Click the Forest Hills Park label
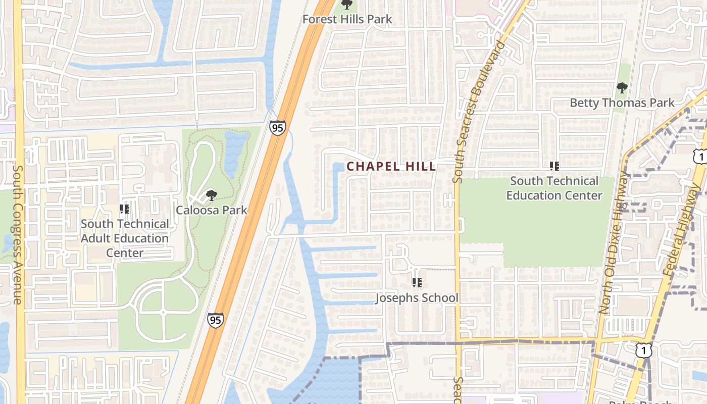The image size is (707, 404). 347,20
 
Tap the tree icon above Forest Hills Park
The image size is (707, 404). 346,5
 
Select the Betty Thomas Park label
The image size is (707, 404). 622,103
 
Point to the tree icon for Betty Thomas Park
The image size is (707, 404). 622,88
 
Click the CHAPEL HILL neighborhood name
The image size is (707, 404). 391,166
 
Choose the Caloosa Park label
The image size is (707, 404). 212,210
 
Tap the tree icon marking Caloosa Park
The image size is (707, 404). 212,195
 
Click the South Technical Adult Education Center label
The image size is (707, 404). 125,238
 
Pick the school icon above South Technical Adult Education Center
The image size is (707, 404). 125,209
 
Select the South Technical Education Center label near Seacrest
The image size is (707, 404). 554,188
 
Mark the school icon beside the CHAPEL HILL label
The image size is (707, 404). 554,166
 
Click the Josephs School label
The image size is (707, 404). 417,298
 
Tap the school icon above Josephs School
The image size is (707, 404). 417,283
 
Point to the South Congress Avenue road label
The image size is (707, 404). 18,235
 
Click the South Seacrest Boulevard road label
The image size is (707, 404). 479,111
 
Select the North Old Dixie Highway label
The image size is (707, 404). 612,242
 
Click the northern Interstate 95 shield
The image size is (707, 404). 277,128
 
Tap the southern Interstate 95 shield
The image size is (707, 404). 215,320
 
